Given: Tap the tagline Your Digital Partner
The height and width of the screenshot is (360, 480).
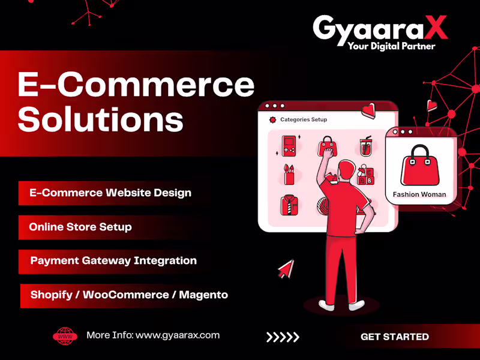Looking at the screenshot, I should (x=391, y=46).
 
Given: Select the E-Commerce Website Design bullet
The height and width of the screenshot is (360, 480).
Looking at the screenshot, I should (x=110, y=193).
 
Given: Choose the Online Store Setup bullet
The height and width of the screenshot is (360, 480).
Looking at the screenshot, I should (x=80, y=227).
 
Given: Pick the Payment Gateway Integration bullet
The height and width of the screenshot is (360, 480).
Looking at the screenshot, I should (x=113, y=261).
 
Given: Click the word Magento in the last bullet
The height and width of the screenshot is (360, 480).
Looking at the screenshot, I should (x=203, y=295).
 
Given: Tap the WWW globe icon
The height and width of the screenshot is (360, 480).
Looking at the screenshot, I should (x=65, y=336).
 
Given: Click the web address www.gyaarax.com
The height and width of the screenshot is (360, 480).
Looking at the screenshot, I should (x=178, y=335).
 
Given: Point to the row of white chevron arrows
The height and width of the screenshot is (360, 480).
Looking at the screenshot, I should (x=283, y=337).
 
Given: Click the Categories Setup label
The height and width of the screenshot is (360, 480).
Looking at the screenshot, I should (x=304, y=119).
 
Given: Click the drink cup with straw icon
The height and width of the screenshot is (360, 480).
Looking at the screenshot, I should (x=365, y=147).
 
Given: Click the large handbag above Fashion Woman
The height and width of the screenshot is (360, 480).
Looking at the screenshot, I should (x=419, y=165).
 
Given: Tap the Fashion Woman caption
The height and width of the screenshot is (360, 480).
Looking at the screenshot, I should (x=419, y=194).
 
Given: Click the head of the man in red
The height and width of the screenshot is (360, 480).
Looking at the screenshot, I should (x=346, y=169).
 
